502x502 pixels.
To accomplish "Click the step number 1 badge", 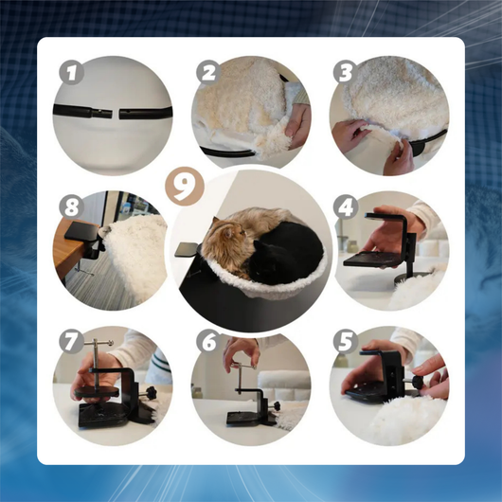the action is click(x=71, y=72).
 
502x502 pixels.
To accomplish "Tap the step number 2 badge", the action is click(x=208, y=72).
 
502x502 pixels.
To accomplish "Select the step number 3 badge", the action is click(x=346, y=72).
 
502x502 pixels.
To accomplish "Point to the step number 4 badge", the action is click(x=346, y=206).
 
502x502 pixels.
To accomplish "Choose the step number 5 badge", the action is click(x=346, y=341).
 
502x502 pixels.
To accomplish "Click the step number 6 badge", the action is click(x=208, y=341).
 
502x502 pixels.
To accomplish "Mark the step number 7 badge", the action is click(x=71, y=341).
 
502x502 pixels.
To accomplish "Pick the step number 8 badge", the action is click(x=71, y=206).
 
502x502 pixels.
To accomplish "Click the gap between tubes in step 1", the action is click(x=117, y=113).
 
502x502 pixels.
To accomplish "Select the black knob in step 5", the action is click(x=416, y=381).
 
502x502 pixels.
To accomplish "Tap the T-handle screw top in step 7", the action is click(x=99, y=343).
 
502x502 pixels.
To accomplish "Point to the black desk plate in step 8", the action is click(x=81, y=231).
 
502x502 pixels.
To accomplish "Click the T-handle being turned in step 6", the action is click(x=244, y=366).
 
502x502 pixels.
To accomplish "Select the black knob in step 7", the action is click(x=150, y=391).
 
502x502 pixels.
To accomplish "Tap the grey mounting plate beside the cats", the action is click(x=187, y=249).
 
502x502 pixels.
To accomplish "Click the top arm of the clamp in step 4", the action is click(x=385, y=216).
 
